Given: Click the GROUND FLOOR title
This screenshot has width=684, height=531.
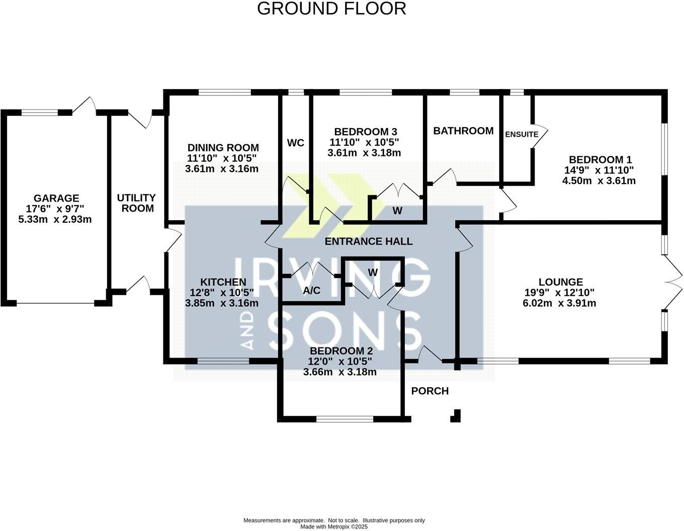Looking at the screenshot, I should [x=331, y=9].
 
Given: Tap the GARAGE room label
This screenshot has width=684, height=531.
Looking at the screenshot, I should [x=56, y=198].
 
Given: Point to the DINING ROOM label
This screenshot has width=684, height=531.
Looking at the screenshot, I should [x=223, y=147].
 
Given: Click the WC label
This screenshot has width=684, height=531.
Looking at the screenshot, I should [x=295, y=143].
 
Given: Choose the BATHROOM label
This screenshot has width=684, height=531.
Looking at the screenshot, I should [x=463, y=131].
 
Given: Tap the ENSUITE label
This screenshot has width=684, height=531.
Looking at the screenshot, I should [x=522, y=134].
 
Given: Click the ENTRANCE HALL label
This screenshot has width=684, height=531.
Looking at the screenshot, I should [x=368, y=241].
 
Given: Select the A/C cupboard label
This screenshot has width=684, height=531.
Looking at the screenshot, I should [x=312, y=290].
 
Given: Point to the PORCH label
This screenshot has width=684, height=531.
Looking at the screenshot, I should [x=430, y=391].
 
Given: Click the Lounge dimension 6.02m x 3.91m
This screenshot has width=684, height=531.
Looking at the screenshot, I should [x=560, y=303].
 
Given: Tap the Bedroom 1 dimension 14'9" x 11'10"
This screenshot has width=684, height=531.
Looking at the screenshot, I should [x=598, y=170].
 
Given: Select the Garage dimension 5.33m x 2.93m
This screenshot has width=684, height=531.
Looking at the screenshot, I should [x=56, y=219].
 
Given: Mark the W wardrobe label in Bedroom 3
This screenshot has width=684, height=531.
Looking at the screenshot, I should [x=397, y=211].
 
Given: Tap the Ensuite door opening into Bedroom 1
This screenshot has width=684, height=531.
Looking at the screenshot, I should [x=540, y=134].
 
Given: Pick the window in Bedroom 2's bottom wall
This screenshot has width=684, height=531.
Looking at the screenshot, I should [x=345, y=418].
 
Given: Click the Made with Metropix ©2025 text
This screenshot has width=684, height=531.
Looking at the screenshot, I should [x=334, y=526].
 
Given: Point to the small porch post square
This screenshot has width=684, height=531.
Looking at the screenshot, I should [x=456, y=416].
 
